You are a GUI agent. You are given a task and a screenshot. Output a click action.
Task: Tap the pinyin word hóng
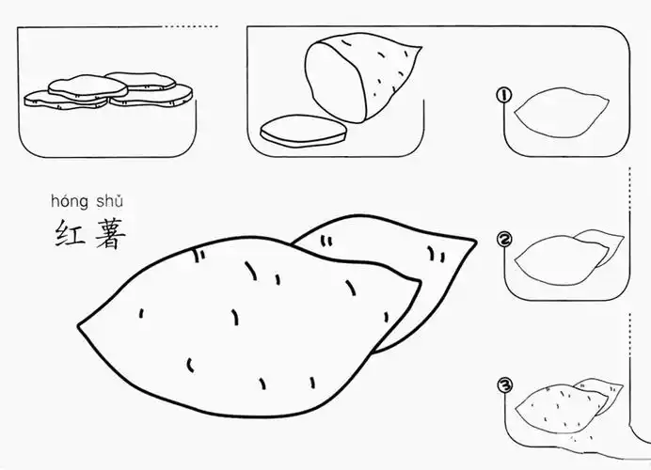(x=69, y=201)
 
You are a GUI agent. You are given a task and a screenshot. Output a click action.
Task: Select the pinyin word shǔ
(x=107, y=201)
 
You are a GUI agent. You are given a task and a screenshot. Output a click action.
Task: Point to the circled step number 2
(x=505, y=240)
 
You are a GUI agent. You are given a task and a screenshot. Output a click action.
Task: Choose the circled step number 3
(x=505, y=384)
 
